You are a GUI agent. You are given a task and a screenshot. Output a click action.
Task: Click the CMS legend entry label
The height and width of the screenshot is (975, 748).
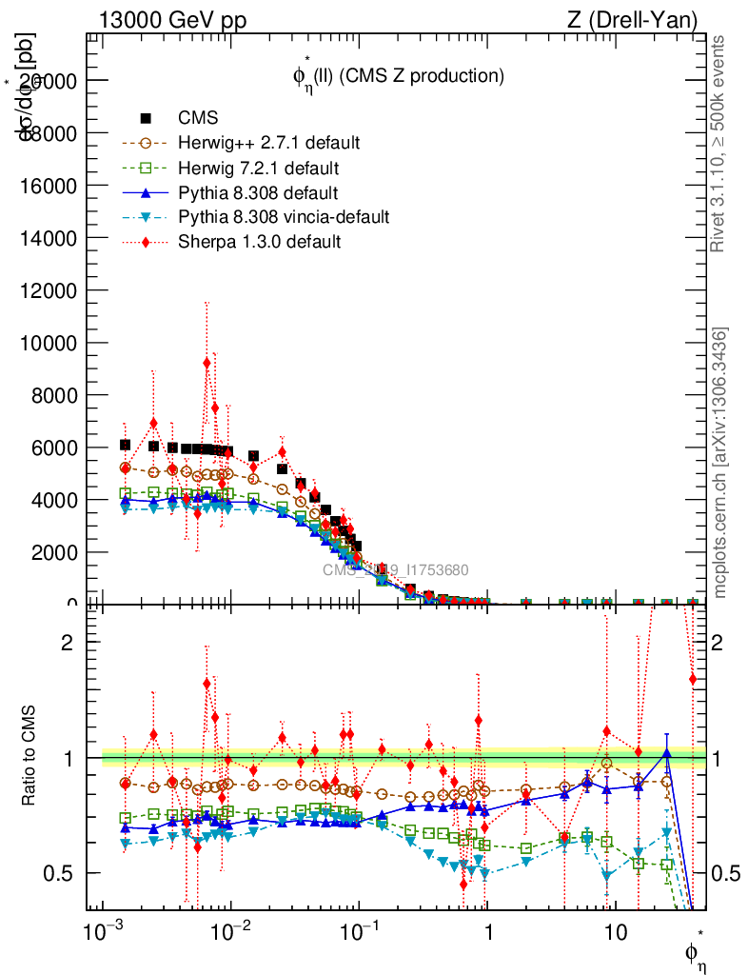pyautogui.click(x=199, y=118)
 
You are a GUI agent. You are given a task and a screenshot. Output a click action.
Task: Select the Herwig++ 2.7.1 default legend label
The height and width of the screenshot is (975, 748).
pyautogui.click(x=268, y=143)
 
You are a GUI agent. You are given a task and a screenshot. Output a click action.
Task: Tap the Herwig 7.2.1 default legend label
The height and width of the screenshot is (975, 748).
pyautogui.click(x=259, y=168)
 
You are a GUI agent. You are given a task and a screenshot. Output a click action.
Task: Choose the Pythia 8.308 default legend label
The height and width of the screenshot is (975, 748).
pyautogui.click(x=259, y=192)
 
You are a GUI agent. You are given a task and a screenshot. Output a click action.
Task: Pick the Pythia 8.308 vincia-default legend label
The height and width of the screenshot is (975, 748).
pyautogui.click(x=284, y=217)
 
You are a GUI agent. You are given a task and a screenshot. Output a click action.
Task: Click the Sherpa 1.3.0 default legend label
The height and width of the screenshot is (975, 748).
pyautogui.click(x=259, y=242)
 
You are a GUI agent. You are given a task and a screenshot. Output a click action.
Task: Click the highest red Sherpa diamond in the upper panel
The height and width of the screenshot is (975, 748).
pyautogui.click(x=207, y=362)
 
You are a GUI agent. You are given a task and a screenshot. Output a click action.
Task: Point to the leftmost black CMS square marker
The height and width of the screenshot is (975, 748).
pyautogui.click(x=125, y=445)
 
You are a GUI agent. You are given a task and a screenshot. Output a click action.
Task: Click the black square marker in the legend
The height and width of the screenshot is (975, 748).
pyautogui.click(x=146, y=118)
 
